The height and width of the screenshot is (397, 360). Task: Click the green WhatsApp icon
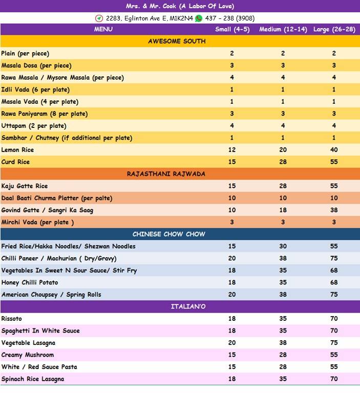198,18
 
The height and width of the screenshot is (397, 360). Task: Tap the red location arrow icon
99,18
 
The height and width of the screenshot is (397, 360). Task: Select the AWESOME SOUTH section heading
177,41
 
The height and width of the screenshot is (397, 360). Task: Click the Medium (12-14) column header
283,30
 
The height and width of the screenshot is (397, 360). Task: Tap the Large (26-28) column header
334,30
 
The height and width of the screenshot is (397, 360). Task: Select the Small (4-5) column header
232,30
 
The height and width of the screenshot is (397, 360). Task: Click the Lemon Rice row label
17,150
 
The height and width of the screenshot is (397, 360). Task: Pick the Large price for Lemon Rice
334,150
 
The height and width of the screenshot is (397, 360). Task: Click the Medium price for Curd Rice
283,162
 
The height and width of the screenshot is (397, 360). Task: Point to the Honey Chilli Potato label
30,282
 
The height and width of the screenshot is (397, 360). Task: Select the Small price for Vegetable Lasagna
232,343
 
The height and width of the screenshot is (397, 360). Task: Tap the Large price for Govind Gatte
334,210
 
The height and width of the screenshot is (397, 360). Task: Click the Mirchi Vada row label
37,222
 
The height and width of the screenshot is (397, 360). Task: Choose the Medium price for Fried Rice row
283,247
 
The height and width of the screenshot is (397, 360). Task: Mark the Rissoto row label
12,319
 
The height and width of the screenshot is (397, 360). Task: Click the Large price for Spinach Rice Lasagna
334,379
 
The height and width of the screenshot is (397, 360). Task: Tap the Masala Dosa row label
36,65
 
